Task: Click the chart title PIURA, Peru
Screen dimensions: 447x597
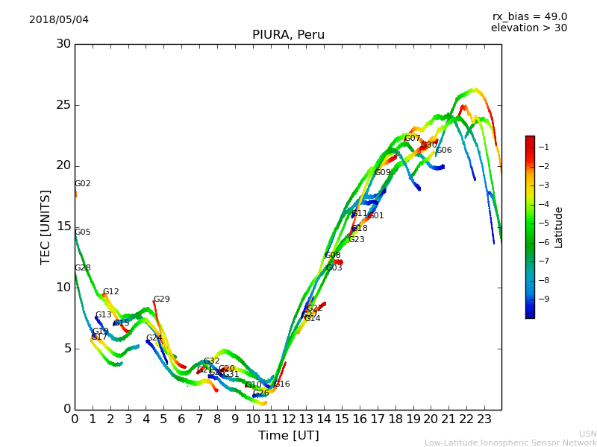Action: [x=288, y=35]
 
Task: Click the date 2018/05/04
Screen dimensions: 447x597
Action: [x=59, y=19]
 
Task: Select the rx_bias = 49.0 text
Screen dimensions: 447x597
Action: [x=530, y=16]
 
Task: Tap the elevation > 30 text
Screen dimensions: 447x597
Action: [x=529, y=28]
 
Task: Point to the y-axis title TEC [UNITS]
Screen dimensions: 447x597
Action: [x=46, y=226]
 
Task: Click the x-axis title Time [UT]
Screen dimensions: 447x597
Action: [x=288, y=436]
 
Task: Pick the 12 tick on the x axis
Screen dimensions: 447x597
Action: [x=288, y=419]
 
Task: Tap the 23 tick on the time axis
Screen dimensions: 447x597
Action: [x=484, y=419]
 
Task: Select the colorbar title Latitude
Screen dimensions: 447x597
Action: [x=559, y=226]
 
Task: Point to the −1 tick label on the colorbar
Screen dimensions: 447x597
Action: [x=544, y=147]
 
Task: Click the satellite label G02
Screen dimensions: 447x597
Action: [x=83, y=184]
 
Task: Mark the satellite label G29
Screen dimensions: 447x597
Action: [x=162, y=299]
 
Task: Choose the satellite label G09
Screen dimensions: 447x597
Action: [x=383, y=173]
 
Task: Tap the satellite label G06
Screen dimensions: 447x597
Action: [x=444, y=150]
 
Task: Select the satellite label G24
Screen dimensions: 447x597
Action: [x=154, y=338]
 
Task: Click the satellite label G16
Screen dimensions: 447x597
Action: [x=282, y=384]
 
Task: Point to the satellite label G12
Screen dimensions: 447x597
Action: [x=111, y=292]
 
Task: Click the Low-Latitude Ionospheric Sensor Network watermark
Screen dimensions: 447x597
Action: [x=510, y=443]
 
